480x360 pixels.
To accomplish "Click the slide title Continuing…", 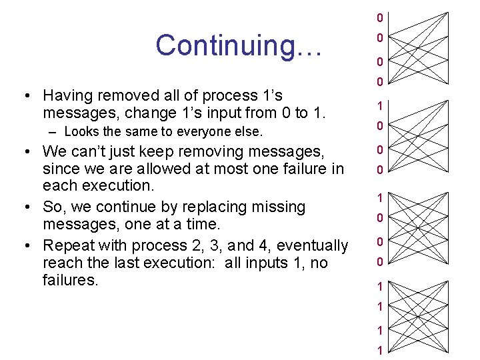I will (x=239, y=45).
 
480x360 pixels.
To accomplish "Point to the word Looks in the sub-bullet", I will (x=81, y=131).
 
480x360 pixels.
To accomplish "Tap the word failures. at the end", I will (x=69, y=280).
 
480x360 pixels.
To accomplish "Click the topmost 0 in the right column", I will (x=379, y=17).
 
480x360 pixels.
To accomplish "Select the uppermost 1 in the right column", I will (x=379, y=106).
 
